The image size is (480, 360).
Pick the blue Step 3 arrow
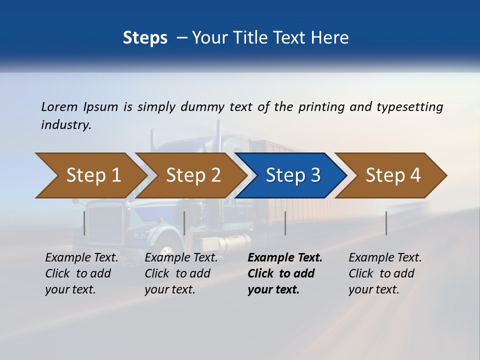pyautogui.click(x=292, y=175)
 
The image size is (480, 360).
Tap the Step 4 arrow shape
pyautogui.click(x=392, y=175)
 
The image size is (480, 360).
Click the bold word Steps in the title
pyautogui.click(x=145, y=37)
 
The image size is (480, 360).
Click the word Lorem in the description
pyautogui.click(x=58, y=106)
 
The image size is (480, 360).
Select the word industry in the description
pyautogui.click(x=66, y=125)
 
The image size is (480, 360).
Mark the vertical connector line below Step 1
pyautogui.click(x=84, y=223)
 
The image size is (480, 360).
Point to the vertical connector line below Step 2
pyautogui.click(x=184, y=223)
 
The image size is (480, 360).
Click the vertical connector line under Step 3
pyautogui.click(x=285, y=223)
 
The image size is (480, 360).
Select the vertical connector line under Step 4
pyautogui.click(x=386, y=223)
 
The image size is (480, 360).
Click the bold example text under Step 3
pyautogui.click(x=284, y=273)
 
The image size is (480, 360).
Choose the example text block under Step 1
pyautogui.click(x=81, y=273)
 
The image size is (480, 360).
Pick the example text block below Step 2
pyautogui.click(x=180, y=273)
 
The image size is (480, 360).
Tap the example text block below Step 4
pyautogui.click(x=384, y=273)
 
